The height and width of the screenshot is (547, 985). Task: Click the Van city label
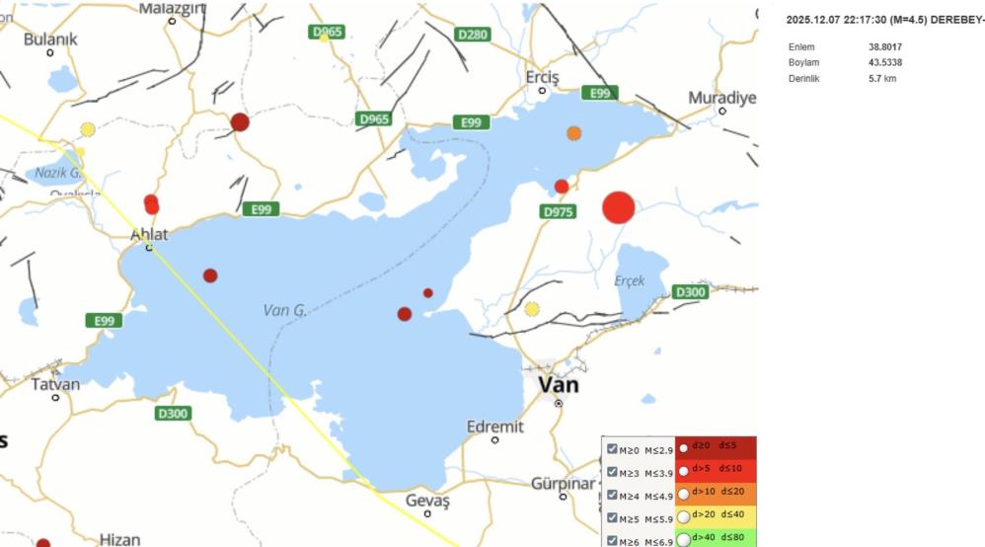coord(559,385)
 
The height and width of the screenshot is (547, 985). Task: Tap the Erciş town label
coord(542,77)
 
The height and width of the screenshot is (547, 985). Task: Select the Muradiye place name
coord(721,98)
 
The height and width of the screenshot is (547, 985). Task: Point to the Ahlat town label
coord(149,235)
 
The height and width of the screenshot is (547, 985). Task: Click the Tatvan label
coord(55,384)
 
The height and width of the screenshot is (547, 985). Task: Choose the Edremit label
coord(494,427)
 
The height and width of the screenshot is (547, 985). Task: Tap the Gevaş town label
coord(427,501)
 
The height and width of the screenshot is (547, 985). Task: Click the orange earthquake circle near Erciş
coord(574,133)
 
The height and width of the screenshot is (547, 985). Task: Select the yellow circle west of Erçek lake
coord(532,309)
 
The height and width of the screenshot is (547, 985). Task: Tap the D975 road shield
coord(558,211)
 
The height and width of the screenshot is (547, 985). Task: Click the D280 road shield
coord(473,35)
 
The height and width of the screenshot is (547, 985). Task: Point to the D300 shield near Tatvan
coord(173,414)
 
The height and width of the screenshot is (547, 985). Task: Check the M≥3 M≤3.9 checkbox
coord(613,472)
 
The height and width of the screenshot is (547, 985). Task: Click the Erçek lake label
coord(630,281)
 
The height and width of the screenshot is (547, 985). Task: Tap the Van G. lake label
coord(285,310)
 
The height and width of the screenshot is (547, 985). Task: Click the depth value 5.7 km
coord(881,79)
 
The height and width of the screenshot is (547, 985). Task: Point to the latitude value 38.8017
coord(884,46)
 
